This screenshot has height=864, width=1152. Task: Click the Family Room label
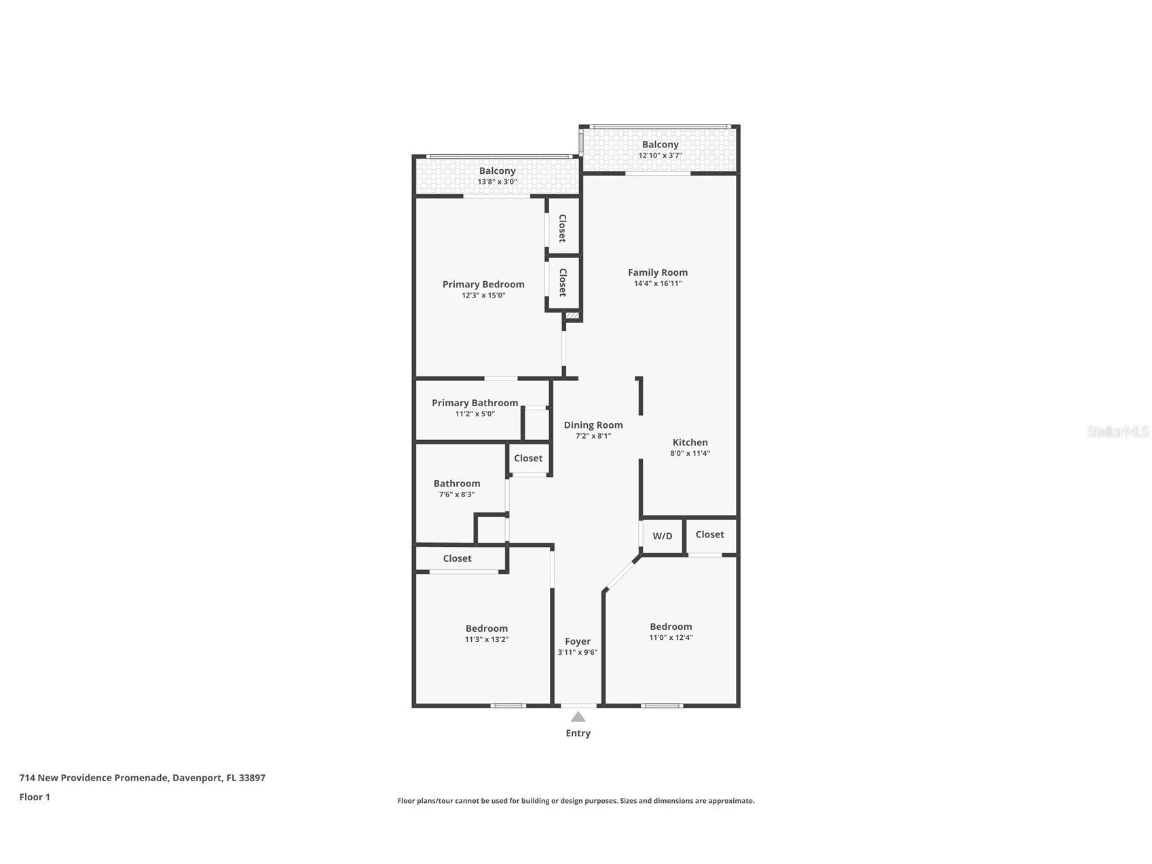pyautogui.click(x=657, y=272)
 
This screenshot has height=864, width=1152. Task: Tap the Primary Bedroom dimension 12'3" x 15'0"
pyautogui.click(x=483, y=295)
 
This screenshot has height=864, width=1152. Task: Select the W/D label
pyautogui.click(x=662, y=536)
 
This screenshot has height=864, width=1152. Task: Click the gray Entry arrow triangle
pyautogui.click(x=578, y=717)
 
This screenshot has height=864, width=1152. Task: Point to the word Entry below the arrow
pyautogui.click(x=578, y=733)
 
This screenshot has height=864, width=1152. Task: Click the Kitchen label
pyautogui.click(x=690, y=442)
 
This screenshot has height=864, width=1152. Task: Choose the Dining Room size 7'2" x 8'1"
pyautogui.click(x=593, y=436)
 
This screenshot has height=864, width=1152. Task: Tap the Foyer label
pyautogui.click(x=578, y=641)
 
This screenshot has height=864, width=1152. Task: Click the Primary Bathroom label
pyautogui.click(x=475, y=403)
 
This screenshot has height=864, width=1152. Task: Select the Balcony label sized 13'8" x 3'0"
pyautogui.click(x=497, y=171)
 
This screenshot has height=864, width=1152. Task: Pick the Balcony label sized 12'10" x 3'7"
pyautogui.click(x=660, y=145)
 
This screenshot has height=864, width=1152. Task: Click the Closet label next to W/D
pyautogui.click(x=709, y=535)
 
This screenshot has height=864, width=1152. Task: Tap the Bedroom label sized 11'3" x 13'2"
pyautogui.click(x=486, y=628)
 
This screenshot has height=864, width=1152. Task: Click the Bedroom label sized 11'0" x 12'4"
pyautogui.click(x=671, y=627)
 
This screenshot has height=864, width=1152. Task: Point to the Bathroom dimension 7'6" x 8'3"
pyautogui.click(x=456, y=494)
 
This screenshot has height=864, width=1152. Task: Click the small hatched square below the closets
pyautogui.click(x=572, y=316)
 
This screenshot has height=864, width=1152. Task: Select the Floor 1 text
pyautogui.click(x=35, y=797)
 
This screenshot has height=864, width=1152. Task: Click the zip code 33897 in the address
pyautogui.click(x=252, y=778)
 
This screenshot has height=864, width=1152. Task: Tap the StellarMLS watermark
pyautogui.click(x=1117, y=431)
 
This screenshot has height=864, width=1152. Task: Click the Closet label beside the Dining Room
pyautogui.click(x=527, y=458)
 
